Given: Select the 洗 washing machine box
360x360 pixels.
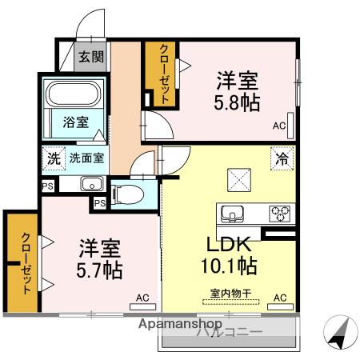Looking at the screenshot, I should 53,158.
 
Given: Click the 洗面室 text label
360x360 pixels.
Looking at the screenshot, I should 86,158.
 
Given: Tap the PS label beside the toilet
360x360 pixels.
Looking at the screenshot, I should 99,203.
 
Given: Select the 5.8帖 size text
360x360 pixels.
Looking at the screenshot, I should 237,102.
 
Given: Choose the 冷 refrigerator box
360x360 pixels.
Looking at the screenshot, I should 282,158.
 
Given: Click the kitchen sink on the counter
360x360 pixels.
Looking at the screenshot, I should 234,213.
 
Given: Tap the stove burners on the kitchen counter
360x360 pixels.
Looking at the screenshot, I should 280,213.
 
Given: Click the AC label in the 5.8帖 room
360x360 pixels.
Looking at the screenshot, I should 278,126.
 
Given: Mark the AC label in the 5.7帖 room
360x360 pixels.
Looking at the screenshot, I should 142,298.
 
